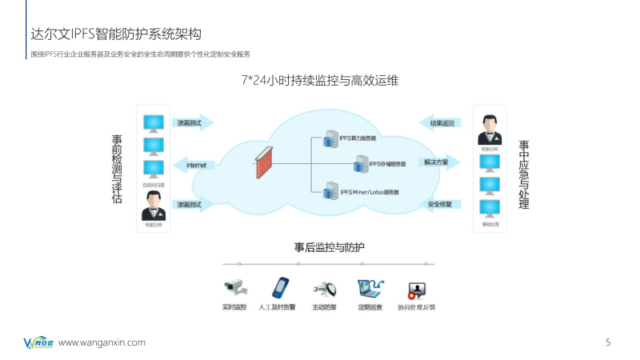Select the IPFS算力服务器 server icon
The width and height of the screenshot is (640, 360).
point(327,139)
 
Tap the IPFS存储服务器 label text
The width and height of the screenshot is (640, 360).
point(387,164)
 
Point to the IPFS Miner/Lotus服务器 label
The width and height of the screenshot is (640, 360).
point(370,192)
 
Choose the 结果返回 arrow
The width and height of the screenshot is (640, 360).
point(441,123)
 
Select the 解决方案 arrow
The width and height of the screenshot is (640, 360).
point(441,162)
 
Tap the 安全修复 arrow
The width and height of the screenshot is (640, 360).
point(441,204)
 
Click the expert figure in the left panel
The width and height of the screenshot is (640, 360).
point(153,210)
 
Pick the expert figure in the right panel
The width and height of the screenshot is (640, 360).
point(490,129)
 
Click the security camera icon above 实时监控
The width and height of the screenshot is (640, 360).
point(234,287)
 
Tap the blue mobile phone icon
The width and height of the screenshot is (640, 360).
point(280,287)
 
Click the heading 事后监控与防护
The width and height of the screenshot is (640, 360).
point(329,247)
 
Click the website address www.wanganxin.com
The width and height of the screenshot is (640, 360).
point(102,342)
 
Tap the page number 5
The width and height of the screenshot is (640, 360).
point(608,342)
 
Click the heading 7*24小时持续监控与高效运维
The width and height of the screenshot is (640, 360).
point(320,81)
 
